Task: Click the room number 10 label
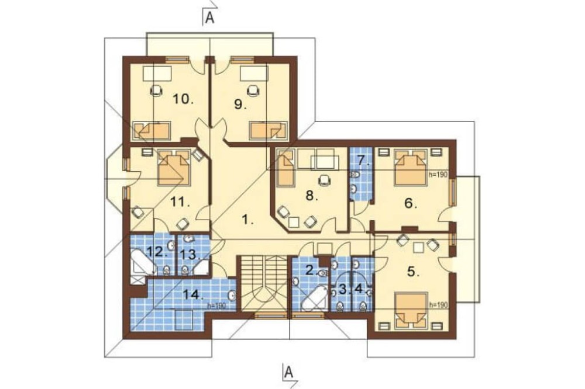click(183, 99)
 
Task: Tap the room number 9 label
click(240, 105)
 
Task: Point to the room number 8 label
click(312, 195)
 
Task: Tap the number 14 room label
click(193, 295)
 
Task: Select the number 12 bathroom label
click(156, 252)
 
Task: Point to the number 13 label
click(190, 255)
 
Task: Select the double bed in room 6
click(410, 167)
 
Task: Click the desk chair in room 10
click(156, 91)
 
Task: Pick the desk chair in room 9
click(254, 91)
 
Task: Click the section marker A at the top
click(210, 18)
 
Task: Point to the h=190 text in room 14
click(217, 306)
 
